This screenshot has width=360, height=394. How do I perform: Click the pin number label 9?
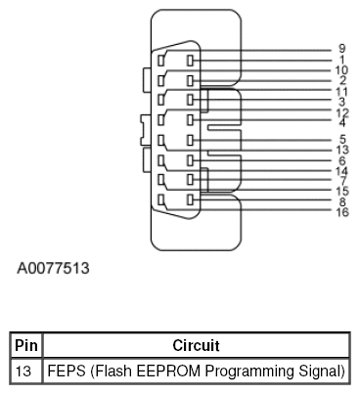(341, 49)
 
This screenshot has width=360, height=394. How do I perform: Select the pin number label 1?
(341, 60)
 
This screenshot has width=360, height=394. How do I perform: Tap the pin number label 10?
(341, 70)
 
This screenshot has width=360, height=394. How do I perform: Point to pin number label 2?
(341, 80)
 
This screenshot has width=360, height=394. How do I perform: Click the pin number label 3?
(341, 102)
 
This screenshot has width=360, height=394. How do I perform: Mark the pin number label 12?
(341, 112)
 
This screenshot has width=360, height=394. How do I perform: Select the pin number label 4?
(341, 122)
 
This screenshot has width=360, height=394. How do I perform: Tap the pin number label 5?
(341, 139)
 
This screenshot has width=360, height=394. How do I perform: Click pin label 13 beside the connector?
(341, 150)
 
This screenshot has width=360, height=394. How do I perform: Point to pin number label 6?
(341, 160)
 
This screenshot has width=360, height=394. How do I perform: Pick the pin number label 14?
(341, 171)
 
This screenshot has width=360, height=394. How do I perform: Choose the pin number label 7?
(341, 181)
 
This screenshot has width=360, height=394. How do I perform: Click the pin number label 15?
(341, 192)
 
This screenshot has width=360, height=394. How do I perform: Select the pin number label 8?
(341, 202)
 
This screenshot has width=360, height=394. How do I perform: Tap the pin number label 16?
(341, 212)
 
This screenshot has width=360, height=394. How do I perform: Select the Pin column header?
(24, 345)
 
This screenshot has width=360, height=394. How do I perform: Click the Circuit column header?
(196, 345)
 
